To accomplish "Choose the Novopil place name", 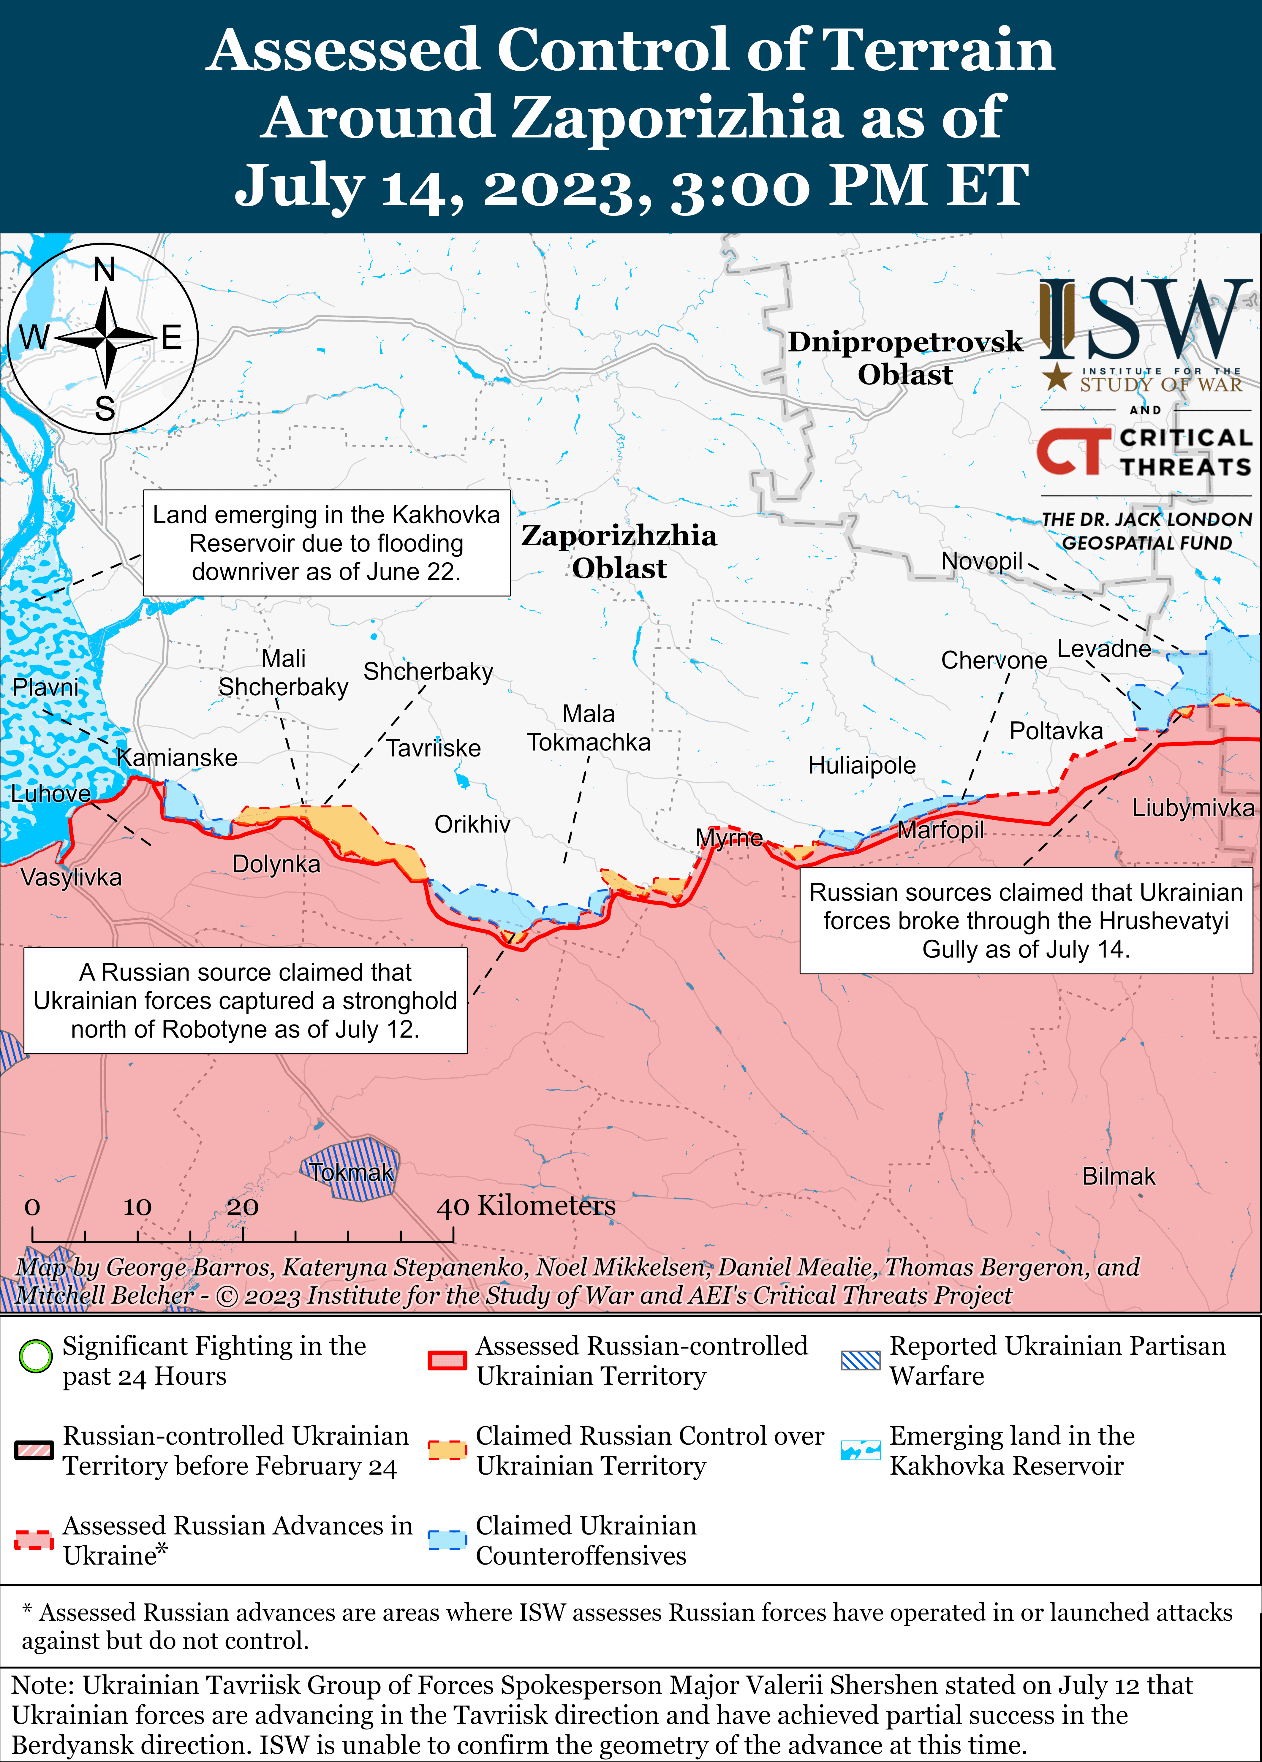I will (981, 561).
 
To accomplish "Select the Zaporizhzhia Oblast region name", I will (619, 552).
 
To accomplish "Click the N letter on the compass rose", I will (104, 270).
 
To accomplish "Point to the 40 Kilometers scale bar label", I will (526, 1206).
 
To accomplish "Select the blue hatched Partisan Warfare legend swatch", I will (860, 1359).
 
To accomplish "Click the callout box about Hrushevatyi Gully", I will (1026, 921).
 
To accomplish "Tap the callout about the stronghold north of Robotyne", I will (246, 1000).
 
